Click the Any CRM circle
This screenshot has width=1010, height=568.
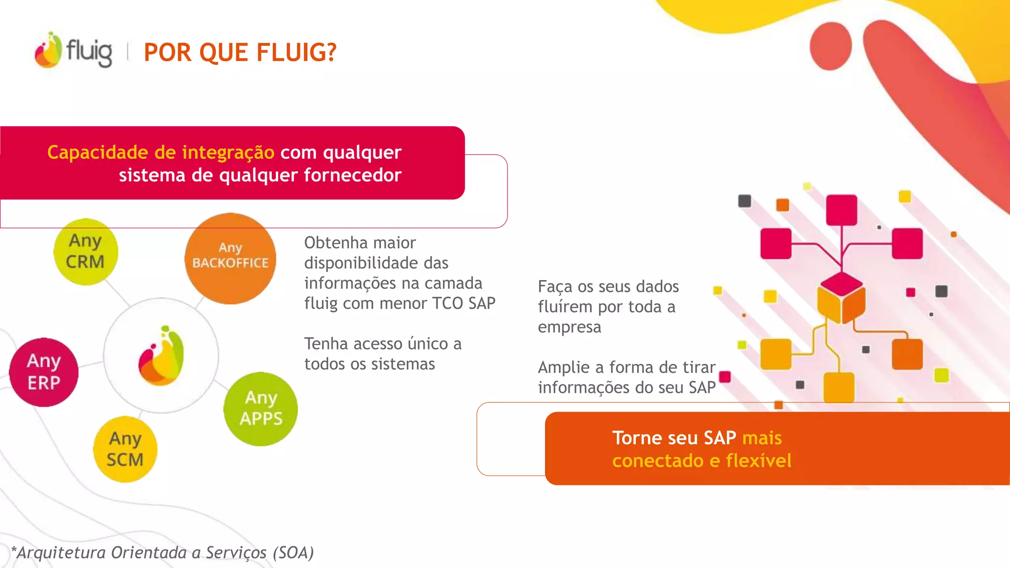(86, 252)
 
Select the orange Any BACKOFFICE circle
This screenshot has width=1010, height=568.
(230, 258)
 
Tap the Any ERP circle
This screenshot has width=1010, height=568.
(44, 372)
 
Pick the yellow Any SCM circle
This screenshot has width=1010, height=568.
(125, 449)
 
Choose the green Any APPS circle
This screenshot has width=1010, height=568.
(260, 409)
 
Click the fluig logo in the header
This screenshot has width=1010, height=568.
(73, 50)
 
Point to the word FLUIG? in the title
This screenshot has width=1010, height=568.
(296, 52)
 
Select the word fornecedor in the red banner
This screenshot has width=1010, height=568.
(353, 175)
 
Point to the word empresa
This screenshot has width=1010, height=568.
(569, 327)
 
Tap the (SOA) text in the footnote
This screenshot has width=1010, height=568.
(293, 553)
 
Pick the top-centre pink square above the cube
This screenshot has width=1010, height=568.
(841, 210)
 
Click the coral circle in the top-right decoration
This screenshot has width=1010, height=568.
(831, 46)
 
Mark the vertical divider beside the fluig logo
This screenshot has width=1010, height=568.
(128, 51)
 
